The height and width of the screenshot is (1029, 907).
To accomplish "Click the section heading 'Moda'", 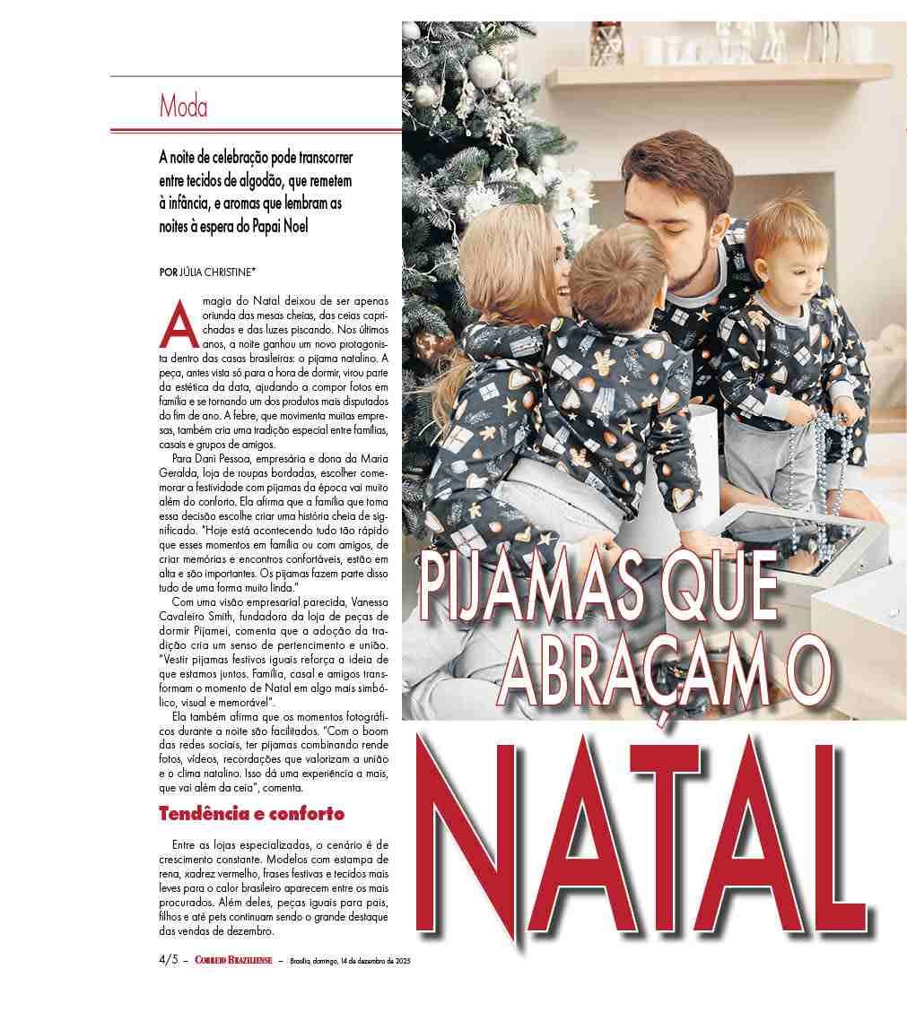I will click(x=183, y=107).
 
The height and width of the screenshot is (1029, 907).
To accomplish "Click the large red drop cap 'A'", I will click(x=177, y=326).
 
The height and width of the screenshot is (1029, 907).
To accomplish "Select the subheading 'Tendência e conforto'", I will click(x=251, y=814).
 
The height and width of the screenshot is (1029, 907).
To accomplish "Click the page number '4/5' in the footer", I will click(x=168, y=961).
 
